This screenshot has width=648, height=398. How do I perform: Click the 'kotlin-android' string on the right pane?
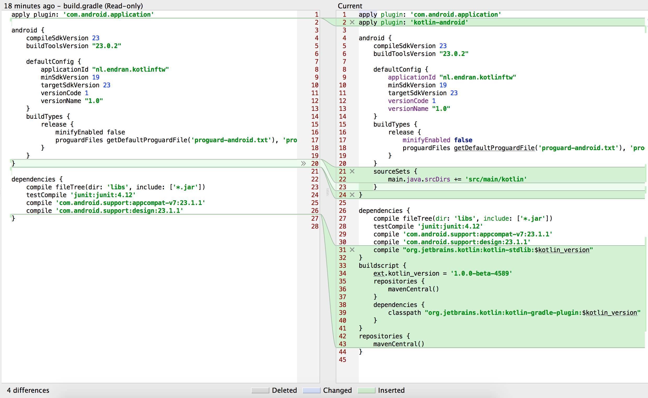pos(439,22)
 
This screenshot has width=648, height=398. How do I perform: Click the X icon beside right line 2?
pos(352,22)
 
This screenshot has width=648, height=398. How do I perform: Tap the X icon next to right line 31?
pos(352,249)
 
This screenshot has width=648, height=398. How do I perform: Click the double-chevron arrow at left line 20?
pos(303,163)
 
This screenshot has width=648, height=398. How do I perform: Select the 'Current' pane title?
pos(350,6)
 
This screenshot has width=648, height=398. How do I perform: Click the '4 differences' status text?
pos(28,390)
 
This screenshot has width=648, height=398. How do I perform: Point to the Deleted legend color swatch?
pos(260,390)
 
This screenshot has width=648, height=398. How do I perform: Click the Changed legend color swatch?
pos(311,390)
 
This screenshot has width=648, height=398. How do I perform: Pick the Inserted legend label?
pos(391,390)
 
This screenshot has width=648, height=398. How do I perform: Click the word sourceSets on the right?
pos(391,171)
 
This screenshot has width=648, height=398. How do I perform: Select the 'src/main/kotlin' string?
pos(496,179)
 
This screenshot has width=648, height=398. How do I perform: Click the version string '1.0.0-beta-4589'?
pos(481,273)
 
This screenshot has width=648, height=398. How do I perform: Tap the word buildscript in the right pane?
pos(378,265)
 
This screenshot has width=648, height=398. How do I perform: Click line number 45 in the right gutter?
pos(342,360)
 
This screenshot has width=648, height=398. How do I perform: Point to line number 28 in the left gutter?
pos(315,226)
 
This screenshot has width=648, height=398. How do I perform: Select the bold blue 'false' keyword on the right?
pos(463,140)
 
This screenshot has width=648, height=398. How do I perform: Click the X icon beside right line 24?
pos(352,195)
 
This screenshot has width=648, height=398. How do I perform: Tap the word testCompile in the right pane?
pos(394,226)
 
